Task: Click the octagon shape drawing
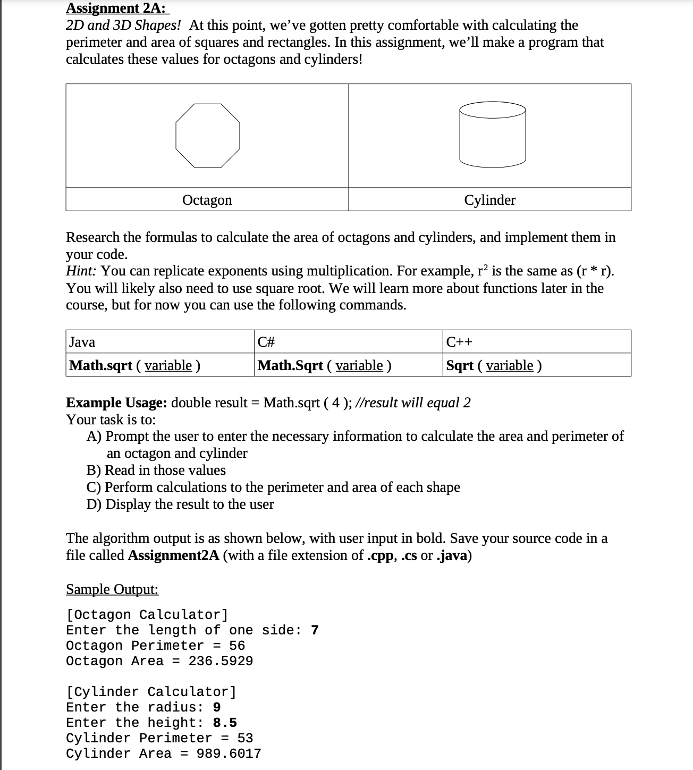point(208,136)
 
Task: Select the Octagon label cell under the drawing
point(207,200)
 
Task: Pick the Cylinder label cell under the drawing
point(489,200)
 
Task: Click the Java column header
point(82,342)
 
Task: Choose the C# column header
point(266,342)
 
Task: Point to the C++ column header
point(459,342)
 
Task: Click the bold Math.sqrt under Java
point(101,365)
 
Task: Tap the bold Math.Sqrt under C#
point(290,365)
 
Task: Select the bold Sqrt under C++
point(460,365)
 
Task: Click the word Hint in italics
point(80,271)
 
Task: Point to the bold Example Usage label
point(116,403)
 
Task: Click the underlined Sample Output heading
point(112,589)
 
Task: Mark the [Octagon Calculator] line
point(147,615)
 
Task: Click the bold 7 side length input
point(315,630)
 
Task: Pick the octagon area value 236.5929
point(221,661)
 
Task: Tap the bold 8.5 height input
point(225,723)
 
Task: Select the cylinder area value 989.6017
point(229,754)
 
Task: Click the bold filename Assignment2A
point(174,556)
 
